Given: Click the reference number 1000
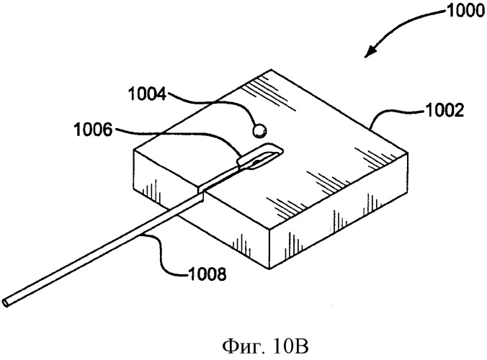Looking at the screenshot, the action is (465, 12).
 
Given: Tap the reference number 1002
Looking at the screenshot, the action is (444, 110).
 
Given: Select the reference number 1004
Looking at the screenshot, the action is (148, 94).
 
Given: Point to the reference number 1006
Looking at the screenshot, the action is (93, 130).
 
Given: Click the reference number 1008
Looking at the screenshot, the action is (207, 274).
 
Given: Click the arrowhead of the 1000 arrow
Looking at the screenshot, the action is (370, 52).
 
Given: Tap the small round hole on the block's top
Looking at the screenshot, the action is (259, 130).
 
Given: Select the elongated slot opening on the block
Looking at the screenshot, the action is (260, 156).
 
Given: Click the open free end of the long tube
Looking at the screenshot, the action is (6, 302).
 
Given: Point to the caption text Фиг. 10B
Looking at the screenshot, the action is (266, 346).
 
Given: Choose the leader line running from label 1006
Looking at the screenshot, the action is (177, 135).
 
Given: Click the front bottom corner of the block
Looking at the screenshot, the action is (269, 269).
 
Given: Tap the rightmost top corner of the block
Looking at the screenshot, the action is (407, 152).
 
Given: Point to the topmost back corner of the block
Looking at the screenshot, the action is (272, 69).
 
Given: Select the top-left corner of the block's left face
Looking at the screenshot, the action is (134, 150).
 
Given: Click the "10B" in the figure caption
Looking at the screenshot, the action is (291, 346).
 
